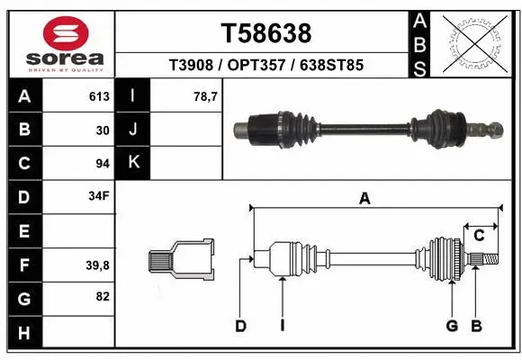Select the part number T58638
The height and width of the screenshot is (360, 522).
tap(265, 33)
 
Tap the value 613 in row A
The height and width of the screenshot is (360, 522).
tap(99, 96)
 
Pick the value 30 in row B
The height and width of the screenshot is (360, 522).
tap(102, 130)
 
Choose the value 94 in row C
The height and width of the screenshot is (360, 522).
tap(102, 164)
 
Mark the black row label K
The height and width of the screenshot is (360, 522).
tap(133, 163)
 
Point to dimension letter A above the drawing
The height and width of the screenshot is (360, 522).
tap(364, 200)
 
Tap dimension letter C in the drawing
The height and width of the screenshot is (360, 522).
tap(480, 236)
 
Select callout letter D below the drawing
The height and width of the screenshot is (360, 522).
tap(240, 326)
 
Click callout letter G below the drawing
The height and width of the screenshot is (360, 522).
tap(452, 326)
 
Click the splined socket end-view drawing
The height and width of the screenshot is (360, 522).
tap(180, 260)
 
